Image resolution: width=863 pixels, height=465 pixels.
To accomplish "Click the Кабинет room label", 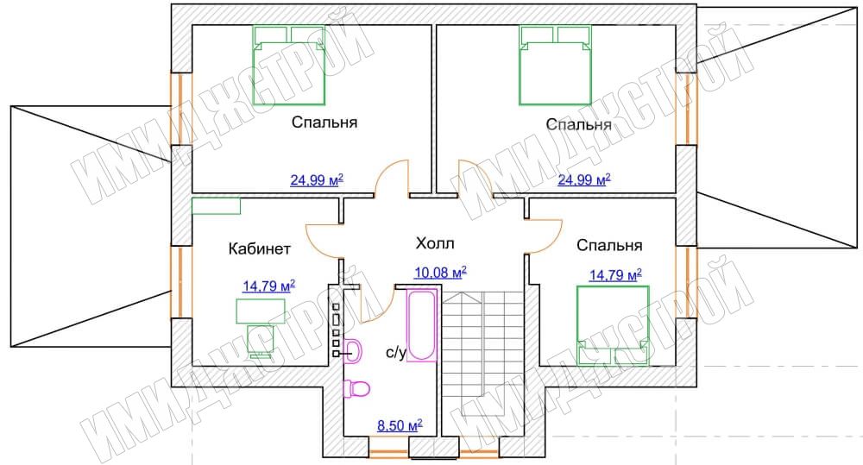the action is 259,248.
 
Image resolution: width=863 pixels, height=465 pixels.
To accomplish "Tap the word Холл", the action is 435,243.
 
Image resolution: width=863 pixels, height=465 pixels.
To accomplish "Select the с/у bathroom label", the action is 396,353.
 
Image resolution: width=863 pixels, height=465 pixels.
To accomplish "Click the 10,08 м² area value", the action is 440,272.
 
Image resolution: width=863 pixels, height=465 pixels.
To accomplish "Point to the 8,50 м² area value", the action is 400,424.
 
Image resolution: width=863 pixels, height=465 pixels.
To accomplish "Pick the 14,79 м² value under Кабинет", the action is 268,286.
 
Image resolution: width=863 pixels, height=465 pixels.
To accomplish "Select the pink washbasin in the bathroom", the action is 353,350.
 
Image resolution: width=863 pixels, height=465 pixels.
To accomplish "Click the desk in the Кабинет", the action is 261,311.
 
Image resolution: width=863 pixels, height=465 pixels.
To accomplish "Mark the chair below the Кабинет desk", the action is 261,341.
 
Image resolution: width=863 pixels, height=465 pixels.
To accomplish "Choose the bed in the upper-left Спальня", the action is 289,65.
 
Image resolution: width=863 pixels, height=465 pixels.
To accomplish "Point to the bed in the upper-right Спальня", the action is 556,65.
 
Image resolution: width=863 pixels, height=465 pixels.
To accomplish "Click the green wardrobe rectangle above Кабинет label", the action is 217,206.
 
